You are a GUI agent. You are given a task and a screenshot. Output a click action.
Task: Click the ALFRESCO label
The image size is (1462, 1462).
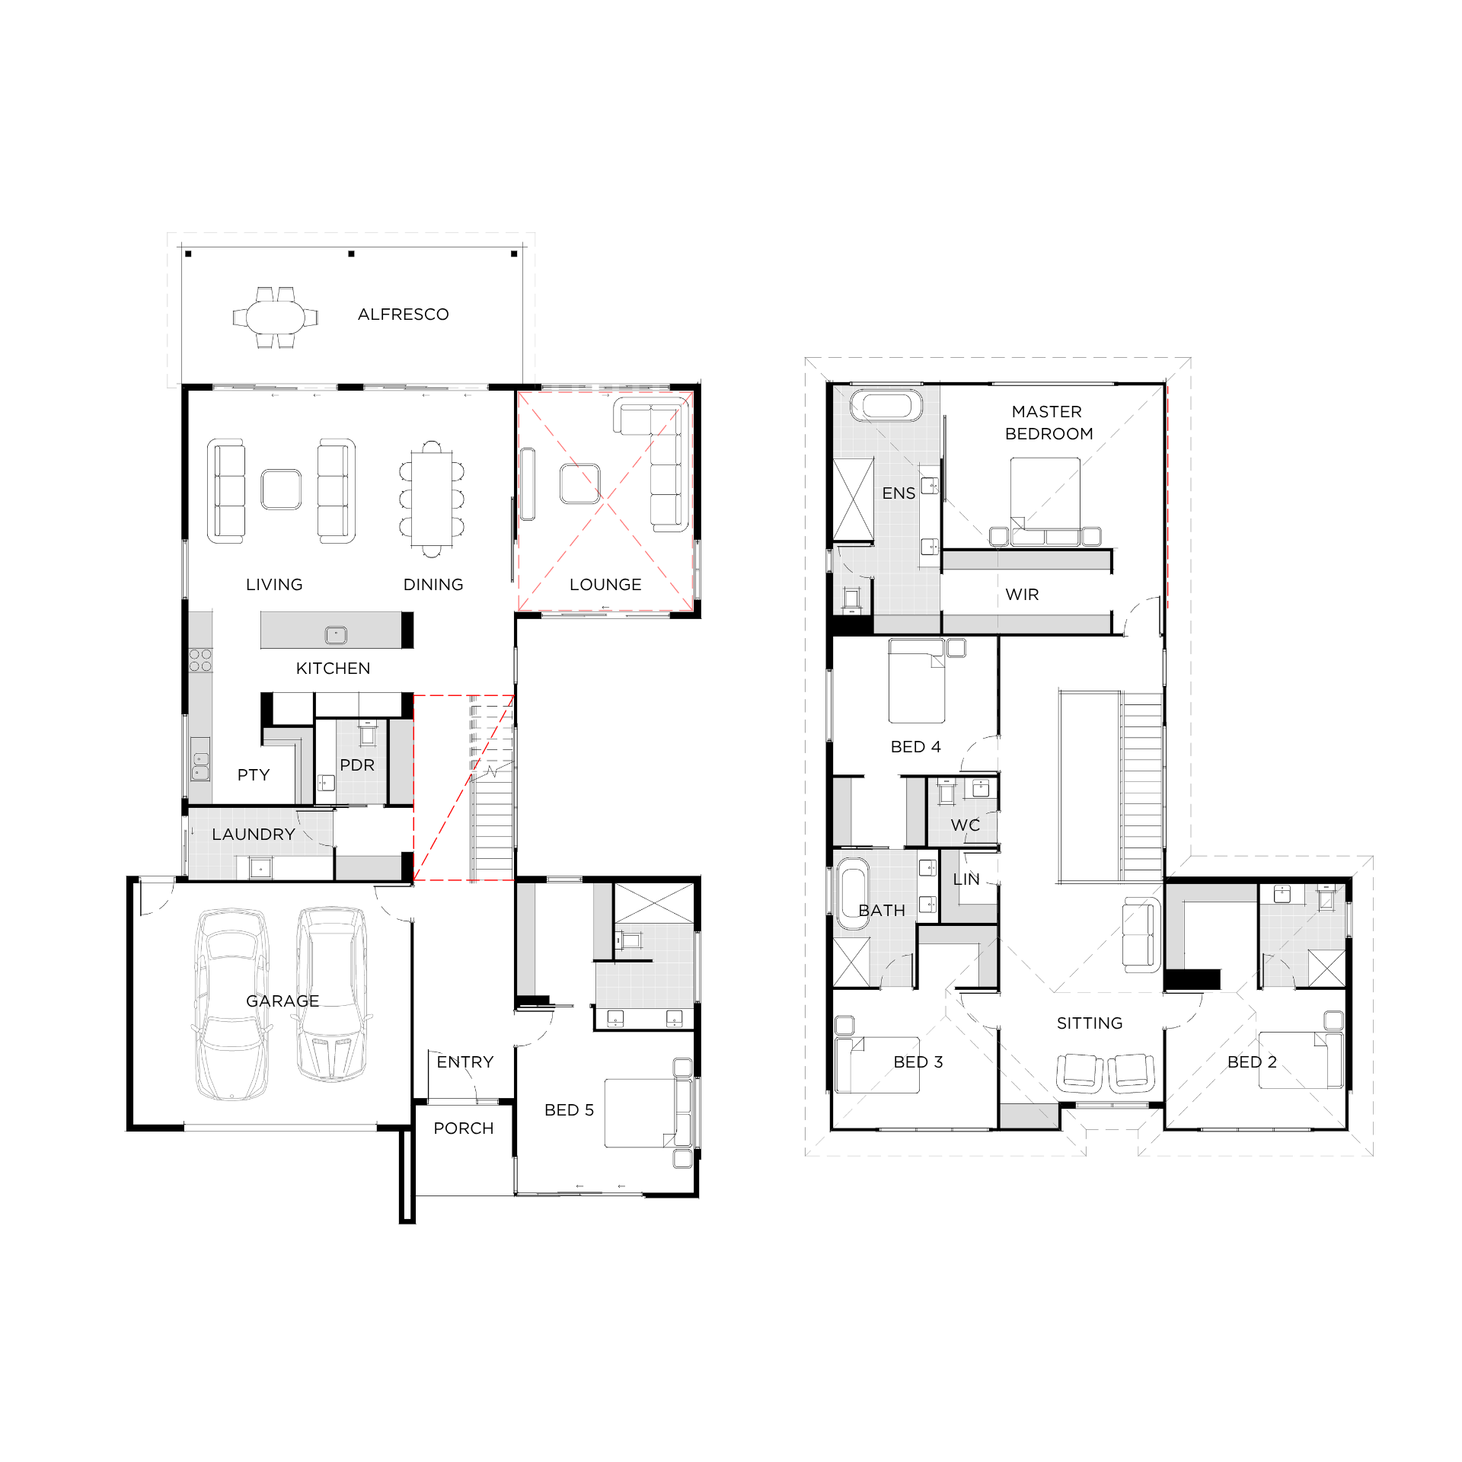[403, 314]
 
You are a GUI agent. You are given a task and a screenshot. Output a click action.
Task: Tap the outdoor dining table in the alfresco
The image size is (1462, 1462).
[275, 317]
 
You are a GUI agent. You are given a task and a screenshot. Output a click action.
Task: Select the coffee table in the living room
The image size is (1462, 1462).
[281, 489]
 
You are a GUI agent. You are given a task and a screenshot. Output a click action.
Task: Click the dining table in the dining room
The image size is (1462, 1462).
[432, 499]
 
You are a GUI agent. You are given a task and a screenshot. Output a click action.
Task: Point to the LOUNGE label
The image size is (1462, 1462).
[605, 585]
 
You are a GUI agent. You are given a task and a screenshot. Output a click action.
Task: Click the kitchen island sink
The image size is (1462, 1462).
[336, 634]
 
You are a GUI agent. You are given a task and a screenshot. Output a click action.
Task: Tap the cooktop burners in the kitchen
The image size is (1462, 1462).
[200, 660]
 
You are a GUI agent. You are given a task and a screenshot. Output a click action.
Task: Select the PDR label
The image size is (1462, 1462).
[357, 765]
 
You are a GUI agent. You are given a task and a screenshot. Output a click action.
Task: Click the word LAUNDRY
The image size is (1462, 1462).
[254, 835]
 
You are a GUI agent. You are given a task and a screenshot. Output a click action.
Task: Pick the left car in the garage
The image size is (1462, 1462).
[231, 1004]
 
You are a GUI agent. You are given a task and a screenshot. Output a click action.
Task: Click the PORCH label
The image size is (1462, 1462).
[464, 1128]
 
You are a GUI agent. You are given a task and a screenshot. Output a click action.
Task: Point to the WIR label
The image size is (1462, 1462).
[1022, 595]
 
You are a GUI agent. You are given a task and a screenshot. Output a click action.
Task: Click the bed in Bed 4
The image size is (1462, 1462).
[917, 681]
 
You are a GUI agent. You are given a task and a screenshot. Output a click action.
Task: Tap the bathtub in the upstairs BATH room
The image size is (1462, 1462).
[853, 894]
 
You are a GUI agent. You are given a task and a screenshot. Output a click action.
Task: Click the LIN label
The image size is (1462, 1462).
[966, 879]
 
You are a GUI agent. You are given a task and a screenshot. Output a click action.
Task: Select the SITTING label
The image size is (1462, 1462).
[1090, 1023]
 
